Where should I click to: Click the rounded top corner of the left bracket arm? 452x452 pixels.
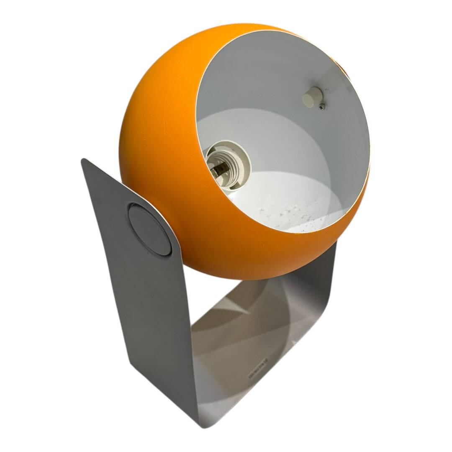86,163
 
